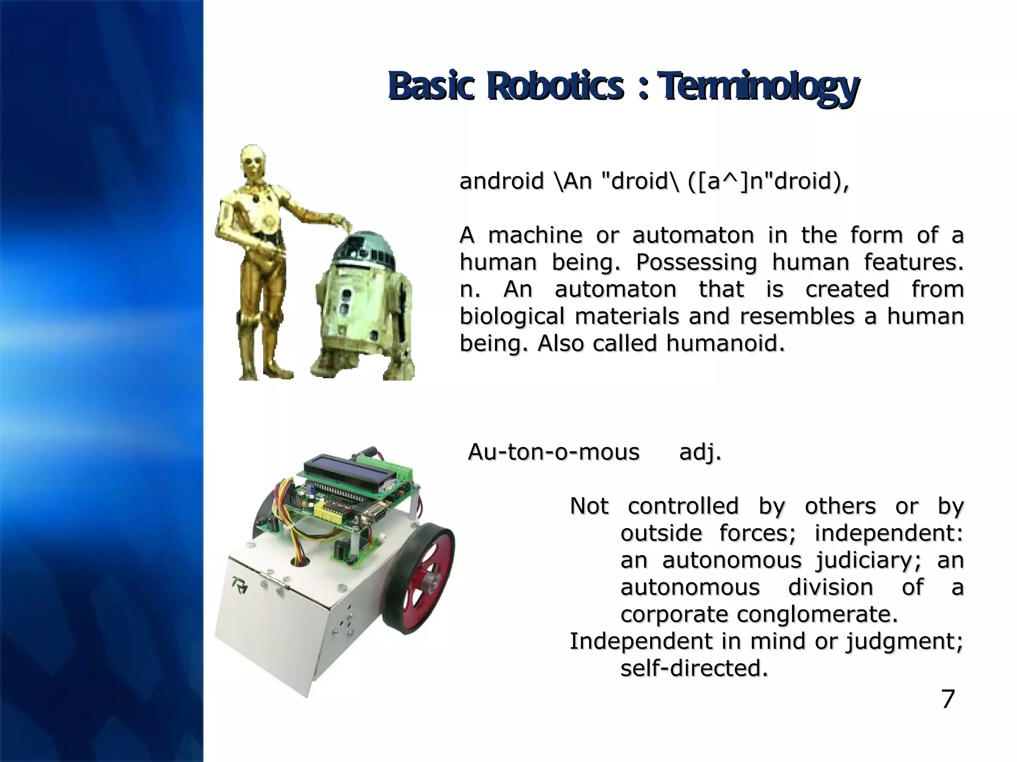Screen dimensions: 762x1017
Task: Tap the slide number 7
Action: click(x=947, y=699)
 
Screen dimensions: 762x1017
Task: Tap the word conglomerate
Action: click(x=817, y=615)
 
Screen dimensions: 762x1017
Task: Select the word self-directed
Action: click(x=694, y=669)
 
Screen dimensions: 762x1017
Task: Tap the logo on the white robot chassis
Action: click(x=241, y=585)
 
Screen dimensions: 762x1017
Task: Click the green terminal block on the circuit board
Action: click(x=392, y=468)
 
